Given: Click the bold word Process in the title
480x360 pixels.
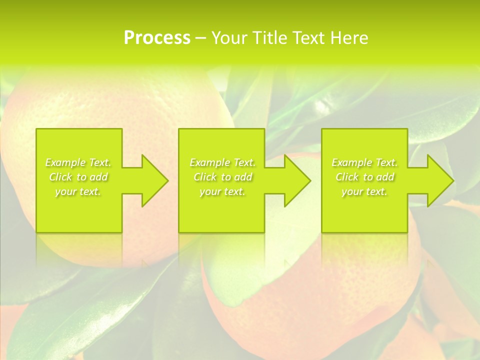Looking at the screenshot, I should pyautogui.click(x=157, y=38).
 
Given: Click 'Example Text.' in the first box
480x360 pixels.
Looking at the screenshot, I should pyautogui.click(x=78, y=162).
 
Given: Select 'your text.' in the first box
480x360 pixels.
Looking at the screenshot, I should pyautogui.click(x=78, y=191).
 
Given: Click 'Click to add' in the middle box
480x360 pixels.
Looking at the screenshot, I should pyautogui.click(x=222, y=177).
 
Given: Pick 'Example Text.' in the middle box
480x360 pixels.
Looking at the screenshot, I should pyautogui.click(x=222, y=162).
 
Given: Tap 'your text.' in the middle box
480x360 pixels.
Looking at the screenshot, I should pyautogui.click(x=222, y=191).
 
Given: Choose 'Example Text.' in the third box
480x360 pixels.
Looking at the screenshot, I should pyautogui.click(x=364, y=162).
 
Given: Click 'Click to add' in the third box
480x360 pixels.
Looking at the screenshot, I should pyautogui.click(x=364, y=177).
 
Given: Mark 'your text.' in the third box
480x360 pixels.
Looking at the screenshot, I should pyautogui.click(x=364, y=191).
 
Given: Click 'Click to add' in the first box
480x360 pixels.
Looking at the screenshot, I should pyautogui.click(x=78, y=177).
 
